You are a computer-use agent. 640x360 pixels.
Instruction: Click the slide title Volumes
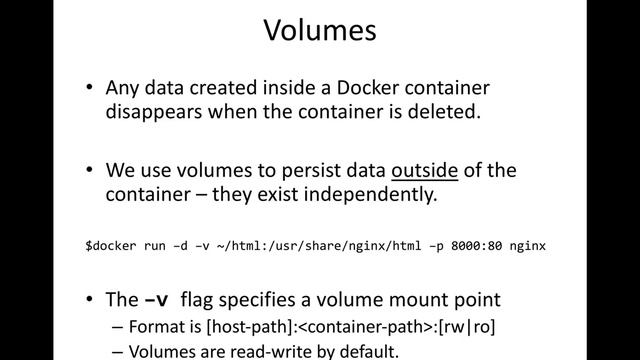320,31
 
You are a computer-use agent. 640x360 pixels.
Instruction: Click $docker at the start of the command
109,245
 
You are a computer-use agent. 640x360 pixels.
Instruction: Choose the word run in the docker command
154,245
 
